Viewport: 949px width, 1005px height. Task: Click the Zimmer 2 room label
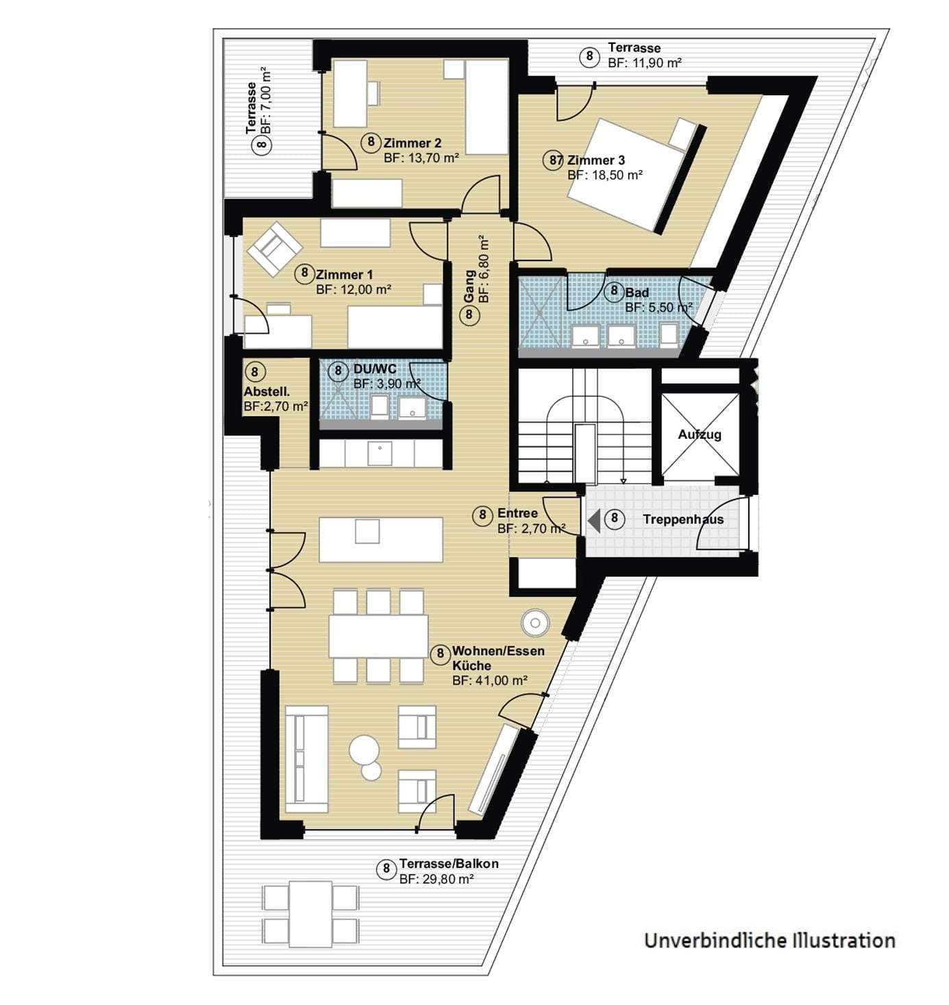pos(412,143)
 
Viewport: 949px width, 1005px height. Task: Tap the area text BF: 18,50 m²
pos(604,175)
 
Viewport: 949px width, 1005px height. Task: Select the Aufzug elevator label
pos(699,435)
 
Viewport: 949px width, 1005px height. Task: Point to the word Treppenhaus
pos(682,520)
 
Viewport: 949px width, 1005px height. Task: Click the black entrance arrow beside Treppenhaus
pos(594,520)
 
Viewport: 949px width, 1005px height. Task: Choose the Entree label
pos(517,513)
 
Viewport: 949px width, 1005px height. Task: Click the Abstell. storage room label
pos(267,392)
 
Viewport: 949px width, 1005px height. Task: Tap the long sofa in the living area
pos(306,760)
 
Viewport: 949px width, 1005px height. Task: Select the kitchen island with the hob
pos(380,540)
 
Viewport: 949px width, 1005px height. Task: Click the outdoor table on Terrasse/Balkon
pos(310,914)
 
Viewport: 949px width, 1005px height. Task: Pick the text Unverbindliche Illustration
pos(769,940)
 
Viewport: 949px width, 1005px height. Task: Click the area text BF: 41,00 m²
pos(489,681)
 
